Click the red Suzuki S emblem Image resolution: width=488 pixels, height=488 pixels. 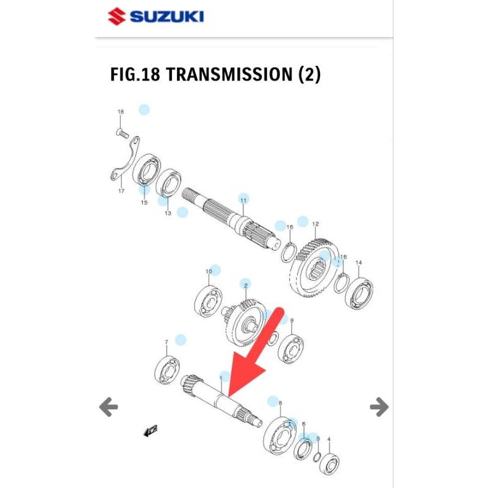[x=117, y=16]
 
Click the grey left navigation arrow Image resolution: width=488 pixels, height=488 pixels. [x=109, y=406]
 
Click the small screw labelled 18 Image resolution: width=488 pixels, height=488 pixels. [x=121, y=132]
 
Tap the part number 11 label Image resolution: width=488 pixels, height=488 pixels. [x=243, y=200]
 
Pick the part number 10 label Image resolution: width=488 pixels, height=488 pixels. [x=209, y=271]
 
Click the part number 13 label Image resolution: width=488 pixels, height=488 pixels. [x=167, y=213]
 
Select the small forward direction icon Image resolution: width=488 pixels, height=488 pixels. [x=150, y=432]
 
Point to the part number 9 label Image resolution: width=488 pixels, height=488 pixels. [x=292, y=321]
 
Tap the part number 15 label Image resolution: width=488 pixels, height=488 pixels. [x=144, y=203]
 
